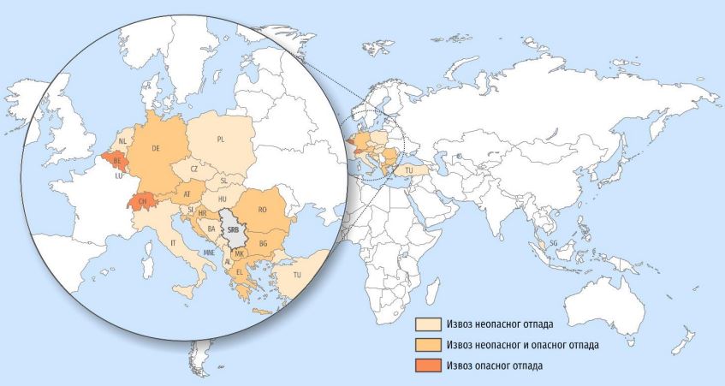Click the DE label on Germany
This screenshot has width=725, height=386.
(156, 148)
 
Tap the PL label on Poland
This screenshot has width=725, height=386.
(220, 138)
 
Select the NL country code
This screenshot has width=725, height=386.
(122, 141)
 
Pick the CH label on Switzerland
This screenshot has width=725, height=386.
(140, 202)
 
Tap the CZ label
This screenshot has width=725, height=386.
(194, 169)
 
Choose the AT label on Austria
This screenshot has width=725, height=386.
(187, 195)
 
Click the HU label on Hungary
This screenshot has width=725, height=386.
(223, 199)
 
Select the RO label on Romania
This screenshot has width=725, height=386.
(263, 208)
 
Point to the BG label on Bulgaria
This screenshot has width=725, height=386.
(264, 243)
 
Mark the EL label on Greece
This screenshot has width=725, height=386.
(240, 272)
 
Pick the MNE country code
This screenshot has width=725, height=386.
(208, 253)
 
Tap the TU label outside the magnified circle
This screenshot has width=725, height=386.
(409, 171)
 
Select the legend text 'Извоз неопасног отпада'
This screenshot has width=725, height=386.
(499, 324)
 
